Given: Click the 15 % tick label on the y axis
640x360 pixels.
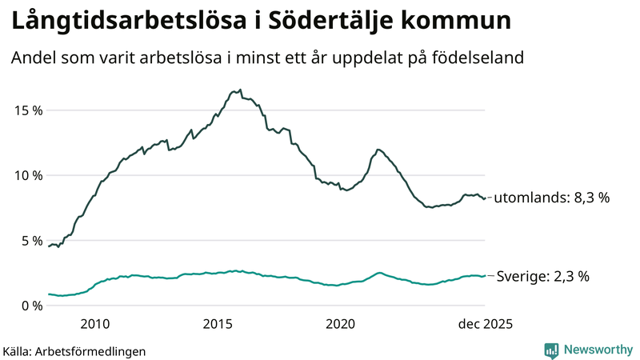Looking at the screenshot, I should pyautogui.click(x=26, y=110).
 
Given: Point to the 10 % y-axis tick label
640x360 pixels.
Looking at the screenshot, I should pyautogui.click(x=26, y=175).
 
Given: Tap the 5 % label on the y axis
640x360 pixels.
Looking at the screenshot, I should pyautogui.click(x=30, y=240).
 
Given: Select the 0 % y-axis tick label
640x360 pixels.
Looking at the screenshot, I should pyautogui.click(x=30, y=306).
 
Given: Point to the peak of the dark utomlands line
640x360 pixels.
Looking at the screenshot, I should pyautogui.click(x=239, y=90).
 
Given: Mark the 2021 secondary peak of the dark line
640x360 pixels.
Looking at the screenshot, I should pyautogui.click(x=378, y=150).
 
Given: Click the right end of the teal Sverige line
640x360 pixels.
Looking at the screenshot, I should pyautogui.click(x=486, y=276).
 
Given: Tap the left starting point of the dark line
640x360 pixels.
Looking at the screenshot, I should pyautogui.click(x=49, y=246).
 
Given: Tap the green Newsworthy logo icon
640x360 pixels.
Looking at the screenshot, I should pyautogui.click(x=551, y=350).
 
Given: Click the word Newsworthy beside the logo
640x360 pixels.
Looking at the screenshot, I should pyautogui.click(x=598, y=350).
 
